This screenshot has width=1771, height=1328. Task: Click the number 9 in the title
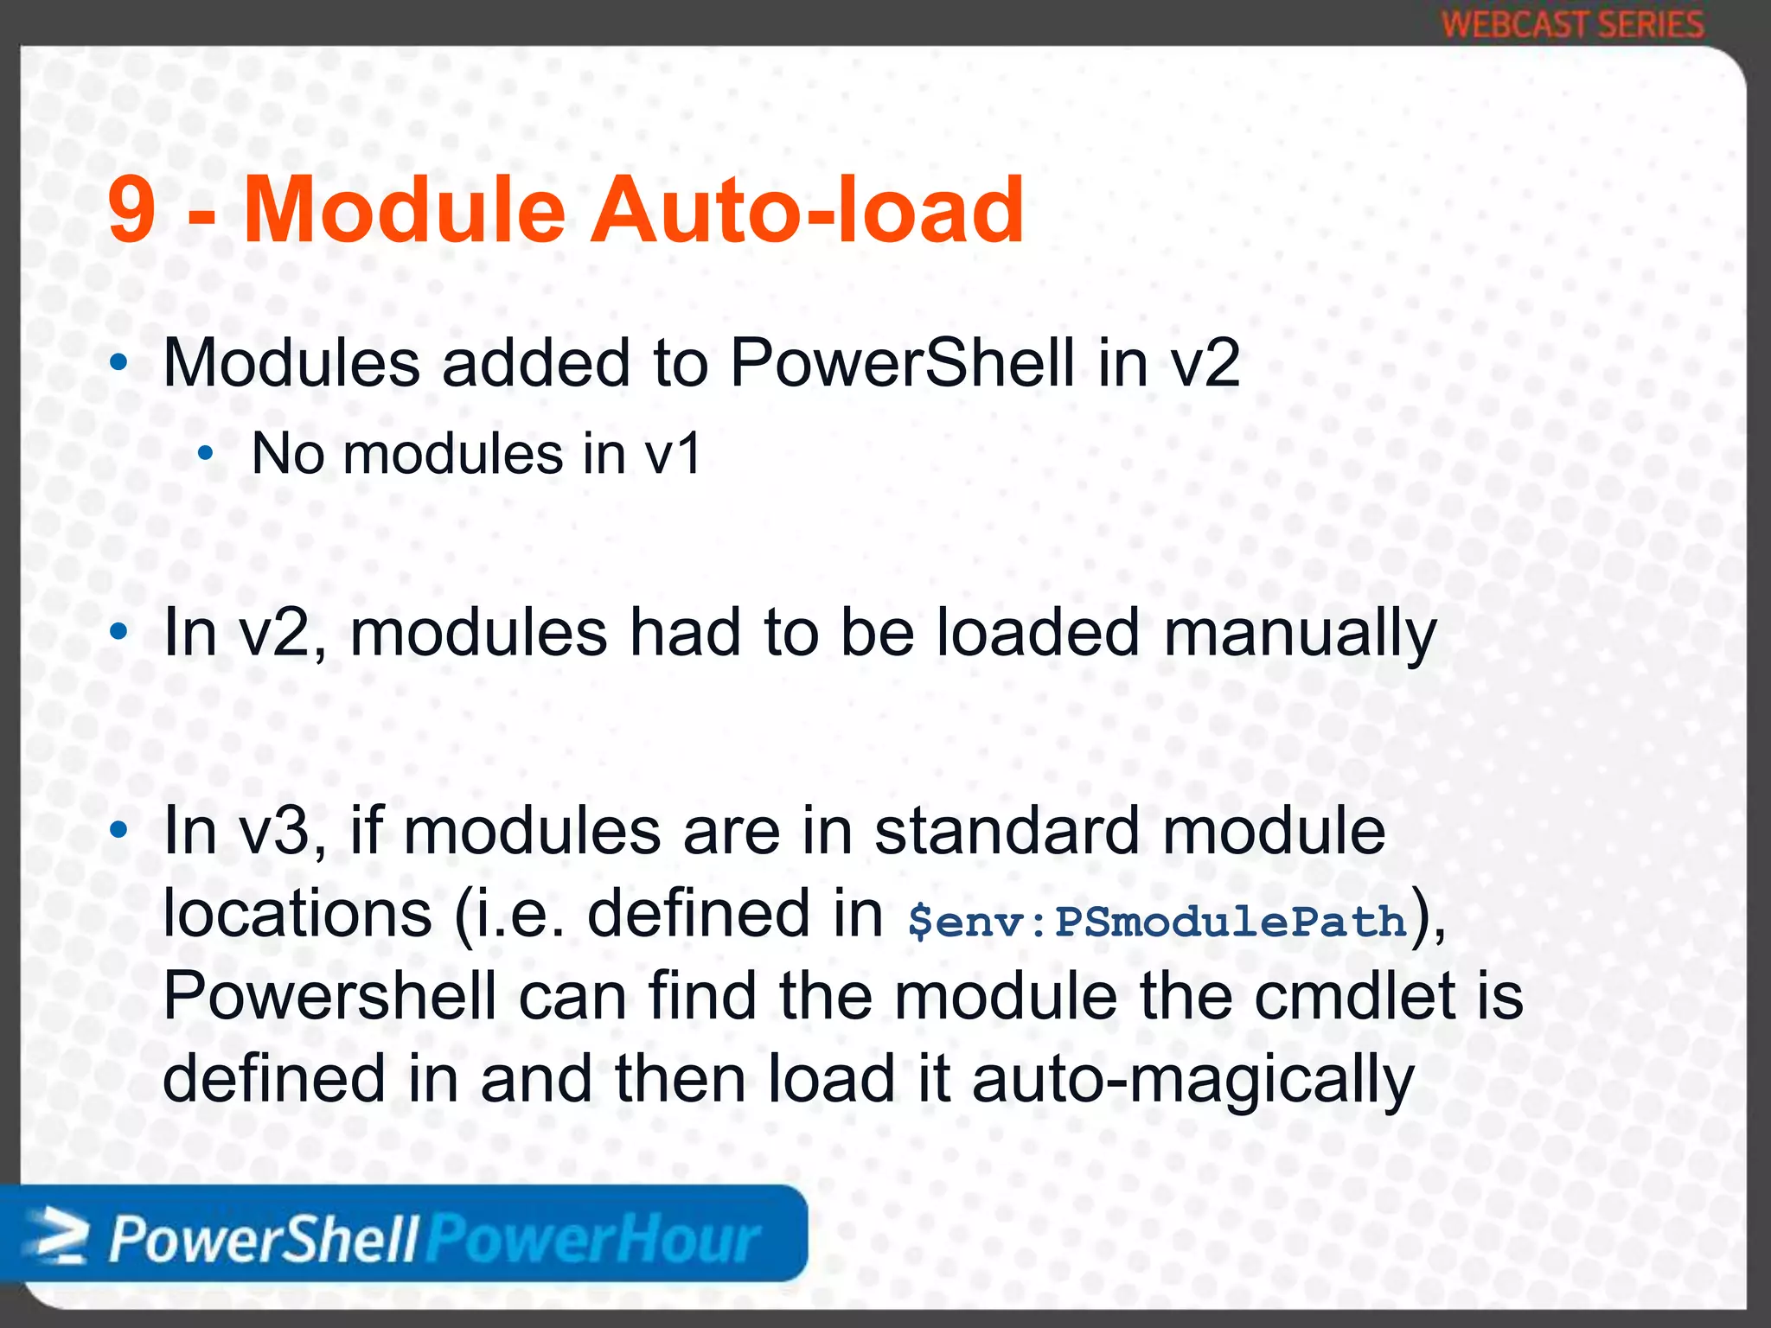(x=132, y=210)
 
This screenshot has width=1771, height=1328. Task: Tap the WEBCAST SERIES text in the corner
(x=1573, y=24)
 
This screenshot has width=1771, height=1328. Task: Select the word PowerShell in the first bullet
(x=902, y=363)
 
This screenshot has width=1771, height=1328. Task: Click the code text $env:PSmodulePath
(x=1157, y=922)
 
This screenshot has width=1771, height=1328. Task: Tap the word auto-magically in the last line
(x=1192, y=1081)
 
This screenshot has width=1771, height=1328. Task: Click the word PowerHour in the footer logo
(x=593, y=1241)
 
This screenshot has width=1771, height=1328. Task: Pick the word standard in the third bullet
(x=1007, y=831)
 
